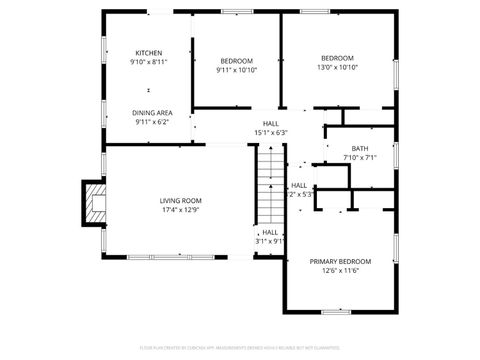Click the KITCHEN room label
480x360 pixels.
pyautogui.click(x=149, y=53)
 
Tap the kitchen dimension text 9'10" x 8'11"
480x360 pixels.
pyautogui.click(x=149, y=62)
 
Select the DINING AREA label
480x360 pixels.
pyautogui.click(x=152, y=113)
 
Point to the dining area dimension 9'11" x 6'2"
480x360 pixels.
pyautogui.click(x=151, y=122)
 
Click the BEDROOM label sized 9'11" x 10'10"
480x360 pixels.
pyautogui.click(x=236, y=61)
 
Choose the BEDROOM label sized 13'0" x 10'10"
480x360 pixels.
pyautogui.click(x=337, y=58)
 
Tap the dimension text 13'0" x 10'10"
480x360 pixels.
pyautogui.click(x=337, y=67)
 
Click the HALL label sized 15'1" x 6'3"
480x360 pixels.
pyautogui.click(x=271, y=123)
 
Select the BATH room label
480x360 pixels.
pyautogui.click(x=359, y=148)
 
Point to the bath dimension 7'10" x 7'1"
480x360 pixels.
pyautogui.click(x=359, y=157)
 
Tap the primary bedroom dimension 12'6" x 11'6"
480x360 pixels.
pyautogui.click(x=340, y=270)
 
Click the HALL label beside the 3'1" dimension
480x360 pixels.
pyautogui.click(x=270, y=232)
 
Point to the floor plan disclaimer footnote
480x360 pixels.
pyautogui.click(x=240, y=349)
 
